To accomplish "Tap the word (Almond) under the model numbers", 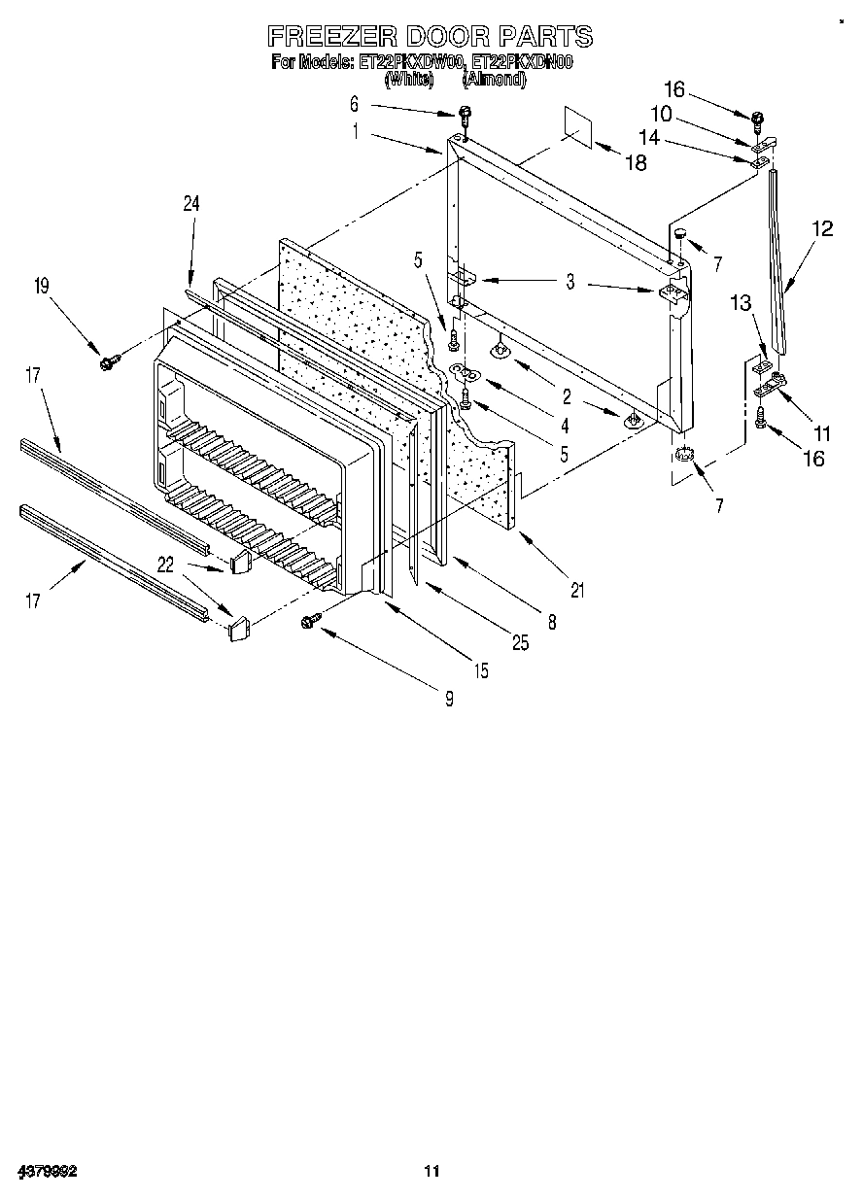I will pyautogui.click(x=495, y=80).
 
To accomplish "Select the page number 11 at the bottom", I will pyautogui.click(x=431, y=1172).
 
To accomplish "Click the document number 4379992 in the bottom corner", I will pyautogui.click(x=47, y=1172).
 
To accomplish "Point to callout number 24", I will pyautogui.click(x=190, y=203).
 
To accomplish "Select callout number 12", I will pyautogui.click(x=822, y=229).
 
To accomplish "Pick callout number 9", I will pyautogui.click(x=448, y=697).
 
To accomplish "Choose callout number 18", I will pyautogui.click(x=635, y=163).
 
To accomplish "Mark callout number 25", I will pyautogui.click(x=521, y=642).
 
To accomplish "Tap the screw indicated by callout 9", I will pyautogui.click(x=312, y=619).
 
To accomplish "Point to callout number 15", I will pyautogui.click(x=481, y=670).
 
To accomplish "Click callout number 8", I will pyautogui.click(x=552, y=623).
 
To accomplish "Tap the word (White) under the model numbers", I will pyautogui.click(x=408, y=80).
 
